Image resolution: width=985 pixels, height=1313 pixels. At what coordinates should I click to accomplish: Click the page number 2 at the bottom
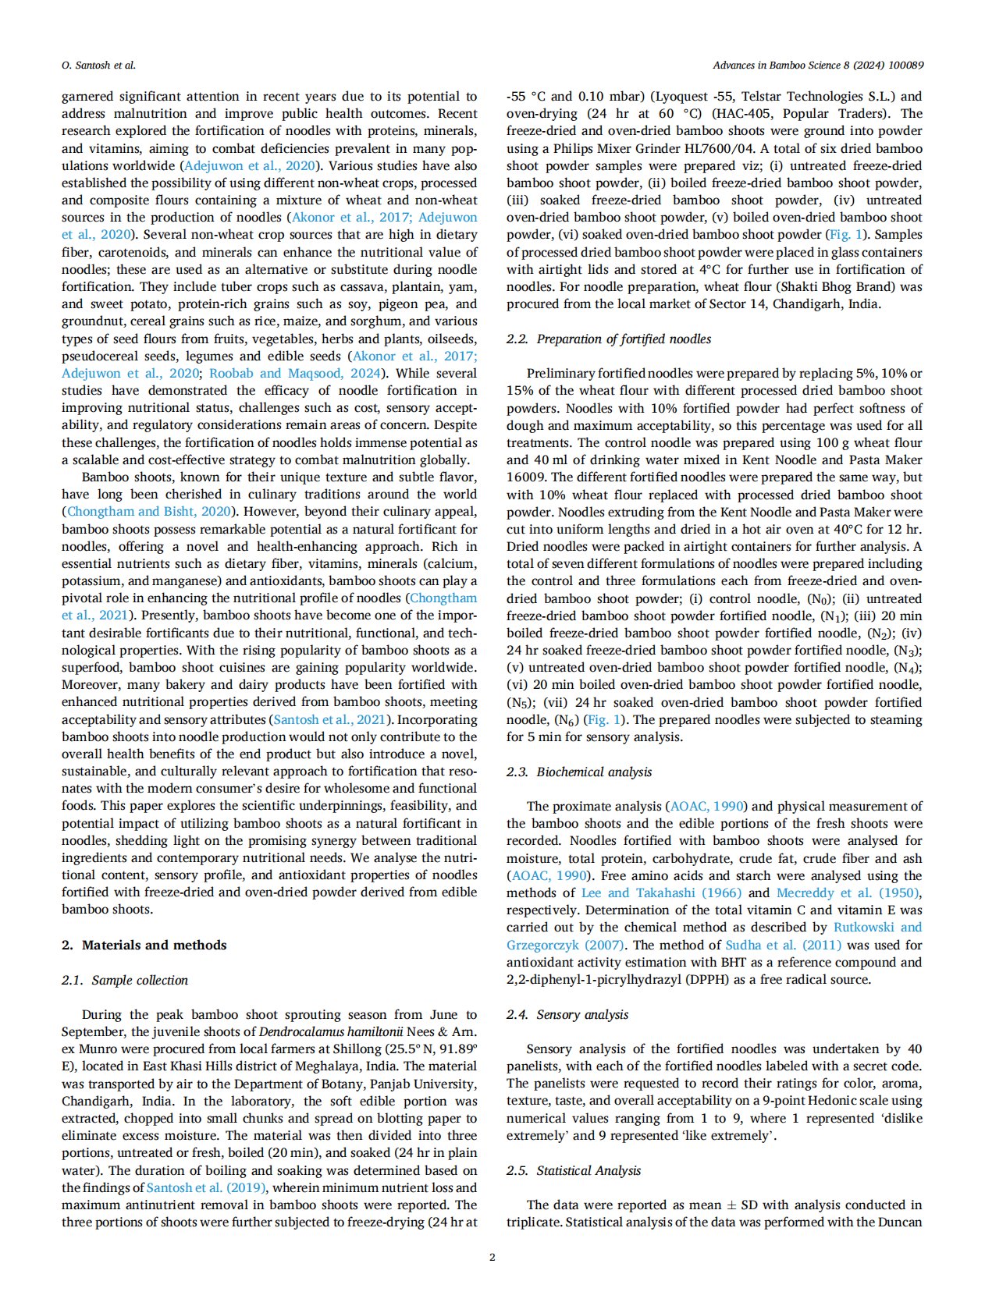tap(492, 1257)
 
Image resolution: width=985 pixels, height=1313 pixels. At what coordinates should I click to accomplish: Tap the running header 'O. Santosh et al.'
tap(98, 66)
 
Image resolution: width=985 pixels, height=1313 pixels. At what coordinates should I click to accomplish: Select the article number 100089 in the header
tap(905, 66)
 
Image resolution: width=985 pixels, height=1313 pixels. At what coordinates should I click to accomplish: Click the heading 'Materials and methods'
tap(154, 945)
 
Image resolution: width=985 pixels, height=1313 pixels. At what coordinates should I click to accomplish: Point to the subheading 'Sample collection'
tap(140, 980)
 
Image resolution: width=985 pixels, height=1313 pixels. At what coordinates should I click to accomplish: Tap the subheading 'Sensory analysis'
tap(582, 1014)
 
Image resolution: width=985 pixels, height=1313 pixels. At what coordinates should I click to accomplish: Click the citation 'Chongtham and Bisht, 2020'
tap(149, 512)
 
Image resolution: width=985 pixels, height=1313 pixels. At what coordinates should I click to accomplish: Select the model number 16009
tap(530, 477)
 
